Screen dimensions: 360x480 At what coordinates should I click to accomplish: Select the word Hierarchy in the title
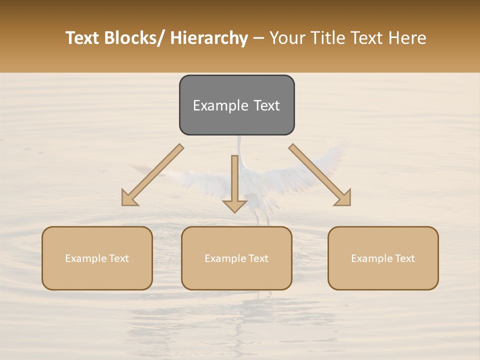click(x=209, y=38)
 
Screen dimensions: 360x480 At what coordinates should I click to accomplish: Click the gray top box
click(x=236, y=105)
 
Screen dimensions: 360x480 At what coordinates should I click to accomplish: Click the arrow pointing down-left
click(x=155, y=173)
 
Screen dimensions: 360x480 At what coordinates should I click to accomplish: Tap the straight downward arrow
click(x=234, y=177)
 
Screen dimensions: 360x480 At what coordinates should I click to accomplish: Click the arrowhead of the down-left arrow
click(x=129, y=198)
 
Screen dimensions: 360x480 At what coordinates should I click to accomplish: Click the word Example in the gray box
click(x=214, y=105)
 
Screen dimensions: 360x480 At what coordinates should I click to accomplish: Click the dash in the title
click(x=258, y=38)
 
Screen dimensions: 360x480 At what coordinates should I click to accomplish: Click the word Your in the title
click(x=287, y=38)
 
